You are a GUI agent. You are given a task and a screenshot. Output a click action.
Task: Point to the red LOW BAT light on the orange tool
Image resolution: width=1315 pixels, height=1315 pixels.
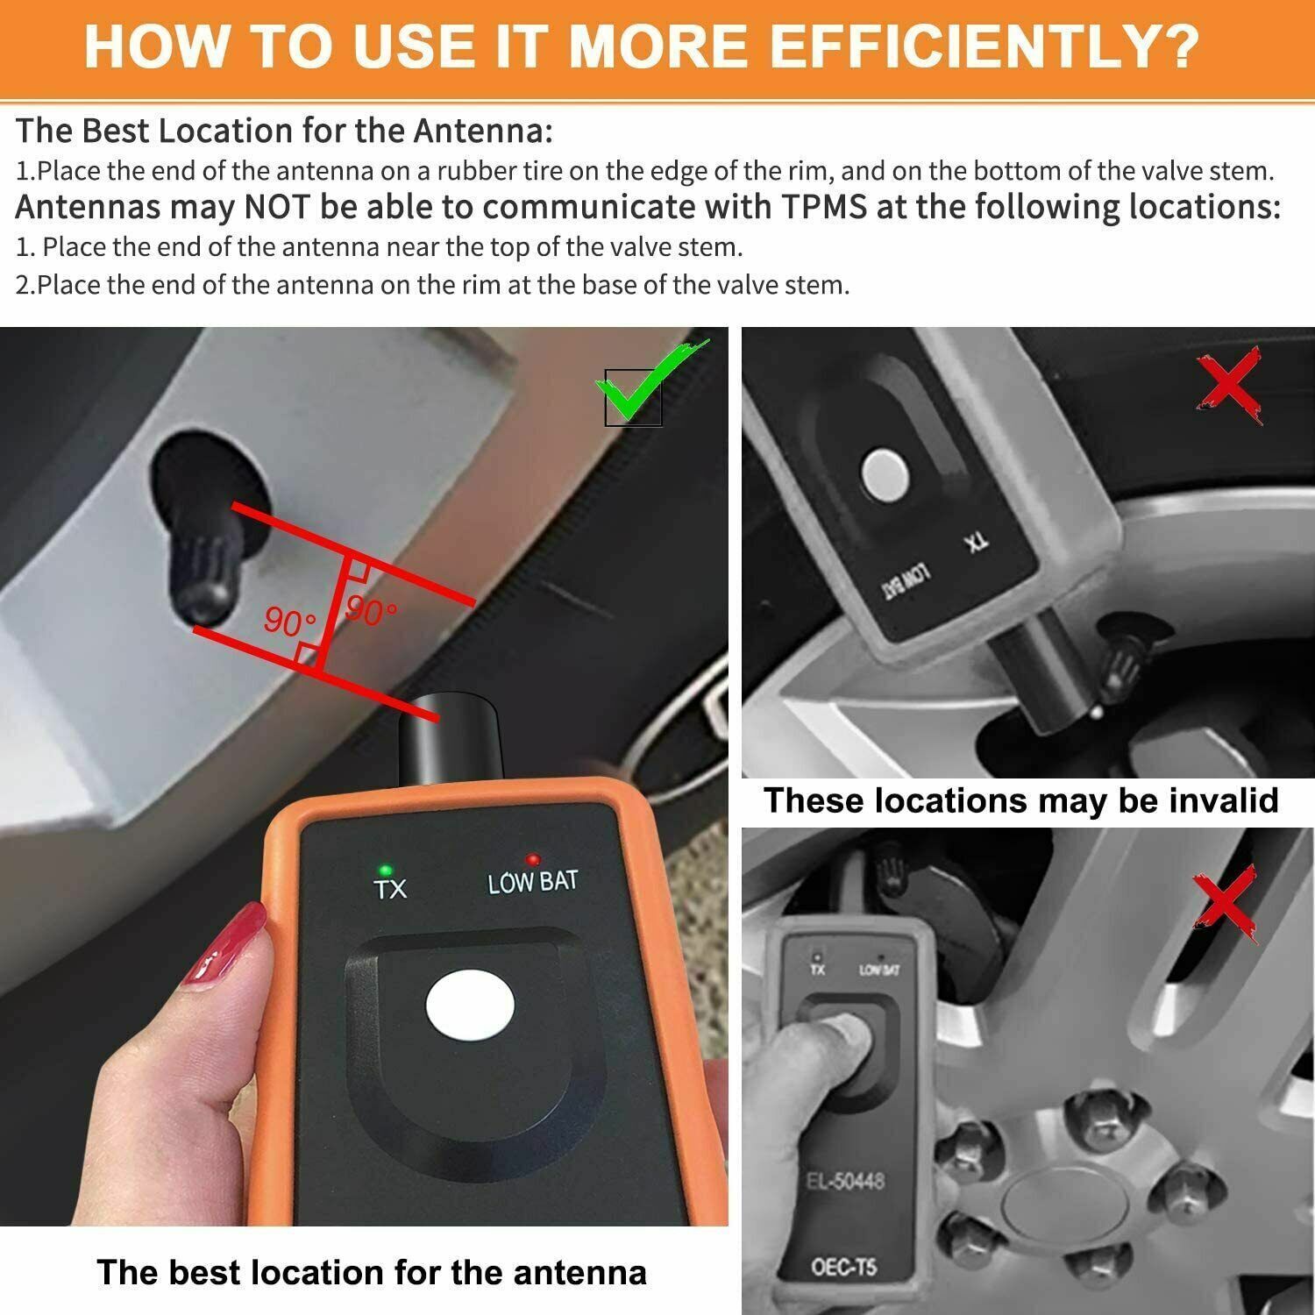(x=531, y=859)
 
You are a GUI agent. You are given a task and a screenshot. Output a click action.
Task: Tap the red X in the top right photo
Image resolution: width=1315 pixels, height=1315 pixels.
(x=1230, y=386)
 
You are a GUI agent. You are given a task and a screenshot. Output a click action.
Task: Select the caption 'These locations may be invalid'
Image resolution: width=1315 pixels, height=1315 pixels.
(x=1020, y=800)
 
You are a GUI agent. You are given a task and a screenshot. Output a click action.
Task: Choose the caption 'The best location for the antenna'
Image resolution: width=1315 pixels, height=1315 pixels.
(x=372, y=1272)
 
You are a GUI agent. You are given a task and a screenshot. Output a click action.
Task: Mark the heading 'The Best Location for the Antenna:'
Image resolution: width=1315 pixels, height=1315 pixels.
(x=284, y=131)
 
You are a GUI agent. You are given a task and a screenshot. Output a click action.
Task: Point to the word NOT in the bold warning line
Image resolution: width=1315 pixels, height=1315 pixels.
(x=271, y=208)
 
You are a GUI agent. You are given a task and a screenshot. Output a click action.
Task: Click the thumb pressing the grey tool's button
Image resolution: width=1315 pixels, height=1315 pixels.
(x=842, y=1043)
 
